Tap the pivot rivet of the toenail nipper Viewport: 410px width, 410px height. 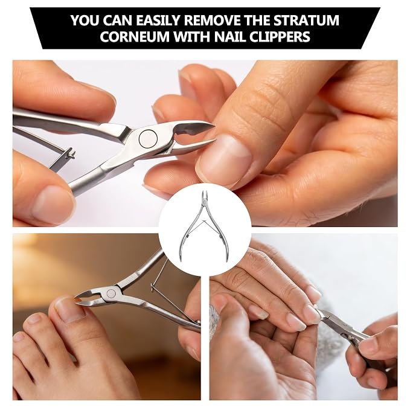111,293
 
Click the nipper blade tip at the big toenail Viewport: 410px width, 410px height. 76,299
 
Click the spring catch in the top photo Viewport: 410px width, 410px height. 71,153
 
